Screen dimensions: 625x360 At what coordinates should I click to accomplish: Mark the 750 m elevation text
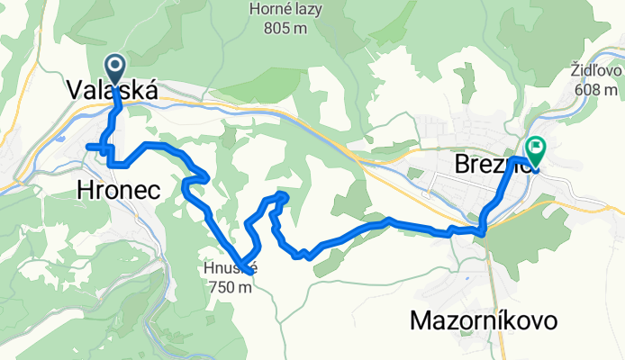pyautogui.click(x=230, y=288)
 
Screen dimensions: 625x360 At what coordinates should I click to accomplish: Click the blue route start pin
pyautogui.click(x=116, y=68)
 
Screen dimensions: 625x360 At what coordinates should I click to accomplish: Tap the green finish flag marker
pyautogui.click(x=536, y=147)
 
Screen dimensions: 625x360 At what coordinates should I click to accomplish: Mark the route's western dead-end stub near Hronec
pyautogui.click(x=88, y=146)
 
